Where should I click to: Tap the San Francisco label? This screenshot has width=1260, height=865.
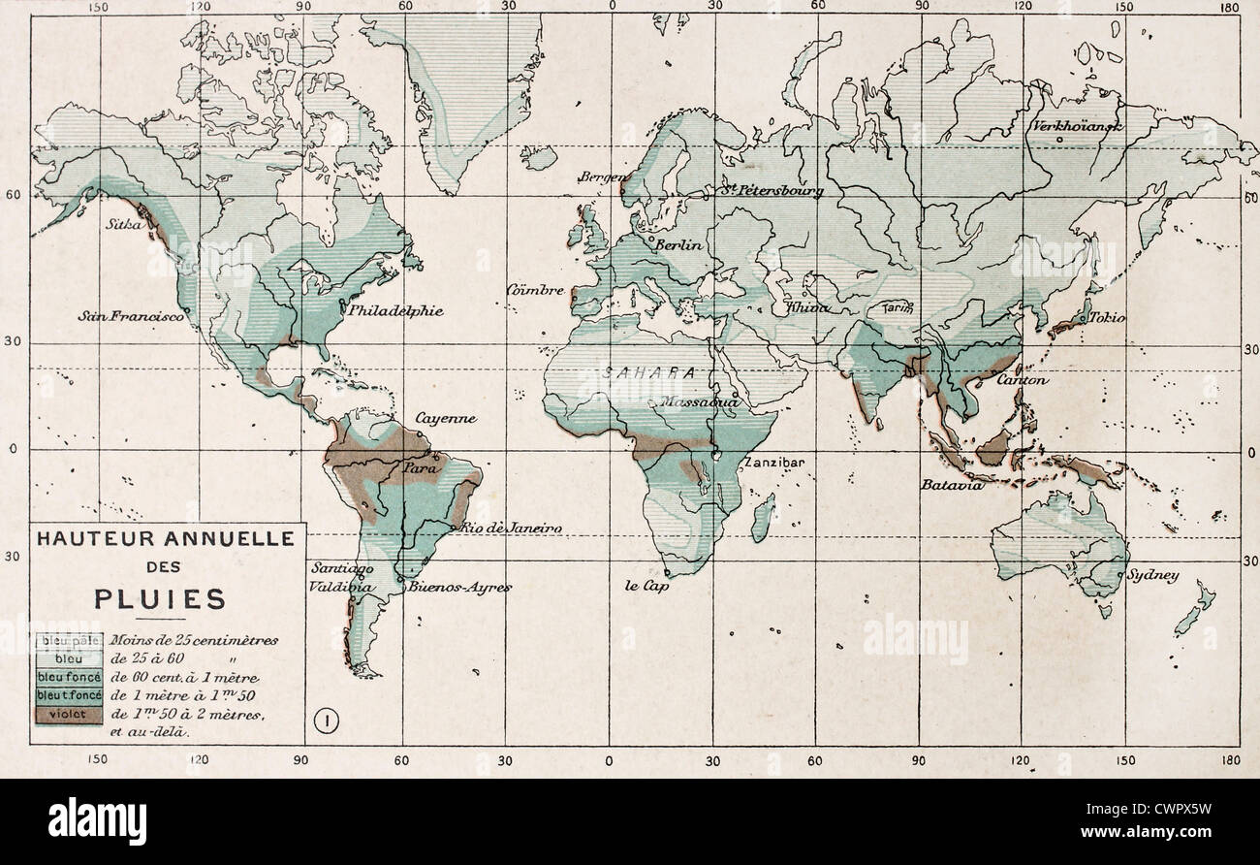[x=132, y=316]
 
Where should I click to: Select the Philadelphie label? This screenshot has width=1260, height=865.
[x=395, y=311]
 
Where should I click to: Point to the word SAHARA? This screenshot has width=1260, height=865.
[x=649, y=372]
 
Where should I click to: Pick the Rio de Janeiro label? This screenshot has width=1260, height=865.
[x=511, y=528]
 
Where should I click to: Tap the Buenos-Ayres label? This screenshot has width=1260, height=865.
[x=459, y=587]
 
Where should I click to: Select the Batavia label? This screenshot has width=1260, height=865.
[x=952, y=484]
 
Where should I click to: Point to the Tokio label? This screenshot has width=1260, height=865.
[x=1106, y=317]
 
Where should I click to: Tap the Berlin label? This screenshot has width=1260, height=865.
[x=678, y=245]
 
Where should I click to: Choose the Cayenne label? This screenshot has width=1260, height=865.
[x=446, y=419]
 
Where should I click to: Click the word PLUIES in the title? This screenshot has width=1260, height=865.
[x=160, y=598]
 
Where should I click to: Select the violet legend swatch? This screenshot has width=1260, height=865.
[x=70, y=714]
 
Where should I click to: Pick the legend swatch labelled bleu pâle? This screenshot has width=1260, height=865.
[x=70, y=641]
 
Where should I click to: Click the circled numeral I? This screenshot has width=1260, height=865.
[x=327, y=721]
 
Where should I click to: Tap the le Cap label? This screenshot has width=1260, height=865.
[x=646, y=586]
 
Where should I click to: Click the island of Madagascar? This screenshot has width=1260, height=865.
[x=764, y=518]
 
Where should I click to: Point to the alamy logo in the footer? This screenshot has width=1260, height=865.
[x=97, y=820]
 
